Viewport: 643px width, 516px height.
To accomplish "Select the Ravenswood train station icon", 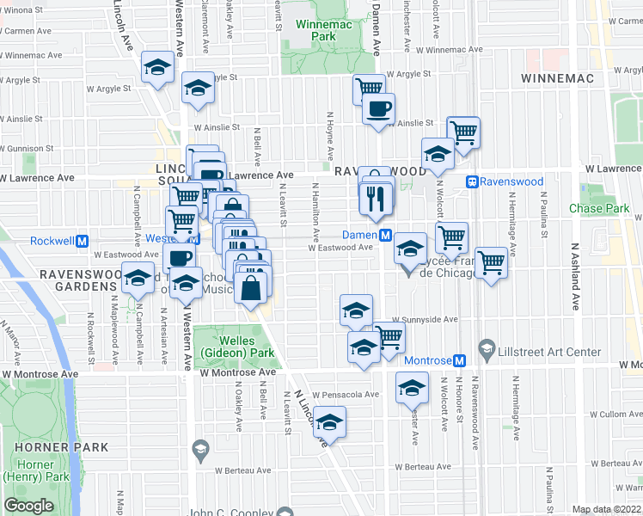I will pos(472,181).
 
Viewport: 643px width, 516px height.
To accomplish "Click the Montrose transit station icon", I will pos(459,360).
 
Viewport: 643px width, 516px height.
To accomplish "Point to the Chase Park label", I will pos(599,209).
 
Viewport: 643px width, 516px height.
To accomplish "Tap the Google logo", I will pos(28,506).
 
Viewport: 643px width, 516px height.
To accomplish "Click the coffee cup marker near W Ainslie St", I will pos(378,109).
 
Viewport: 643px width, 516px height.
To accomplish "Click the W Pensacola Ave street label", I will pos(346,395).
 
